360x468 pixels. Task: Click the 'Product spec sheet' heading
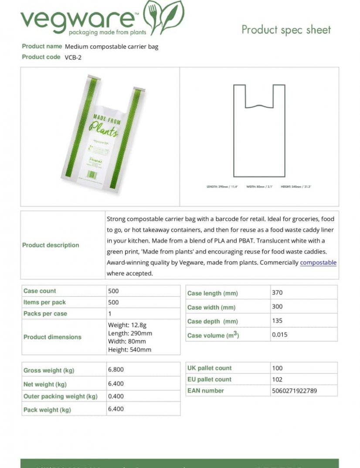(286, 30)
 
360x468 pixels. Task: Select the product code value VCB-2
(73, 57)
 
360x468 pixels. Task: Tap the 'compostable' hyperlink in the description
(318, 263)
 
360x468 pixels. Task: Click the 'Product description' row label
(51, 245)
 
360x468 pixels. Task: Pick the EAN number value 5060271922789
(294, 391)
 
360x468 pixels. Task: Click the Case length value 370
(277, 293)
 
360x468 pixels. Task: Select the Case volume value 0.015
(279, 335)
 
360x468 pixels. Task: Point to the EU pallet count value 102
(277, 379)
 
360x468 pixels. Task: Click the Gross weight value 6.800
(116, 369)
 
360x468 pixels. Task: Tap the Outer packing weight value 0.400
(116, 396)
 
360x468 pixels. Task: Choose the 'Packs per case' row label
(45, 314)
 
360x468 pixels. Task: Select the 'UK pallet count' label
(209, 368)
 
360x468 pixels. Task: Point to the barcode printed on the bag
(92, 174)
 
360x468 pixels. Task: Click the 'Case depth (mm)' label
(212, 321)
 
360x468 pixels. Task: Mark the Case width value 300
(277, 307)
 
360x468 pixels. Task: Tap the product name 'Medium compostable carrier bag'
(111, 47)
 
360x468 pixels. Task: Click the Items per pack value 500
(113, 302)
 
